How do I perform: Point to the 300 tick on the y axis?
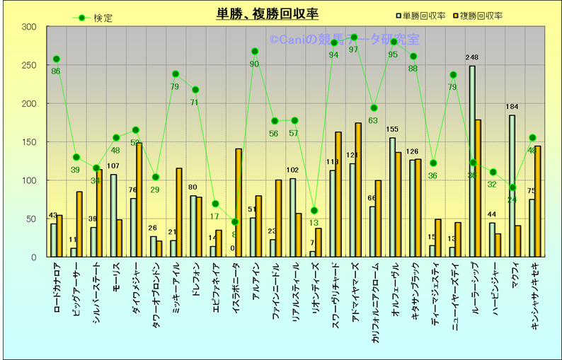(x=29, y=27)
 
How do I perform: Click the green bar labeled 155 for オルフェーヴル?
(x=392, y=197)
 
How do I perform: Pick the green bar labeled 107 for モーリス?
(x=113, y=216)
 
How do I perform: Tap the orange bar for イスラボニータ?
(x=239, y=202)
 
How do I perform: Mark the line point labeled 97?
(x=354, y=37)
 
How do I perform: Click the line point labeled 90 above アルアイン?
(x=255, y=51)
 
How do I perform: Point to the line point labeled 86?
(x=56, y=59)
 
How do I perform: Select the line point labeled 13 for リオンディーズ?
(x=314, y=210)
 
